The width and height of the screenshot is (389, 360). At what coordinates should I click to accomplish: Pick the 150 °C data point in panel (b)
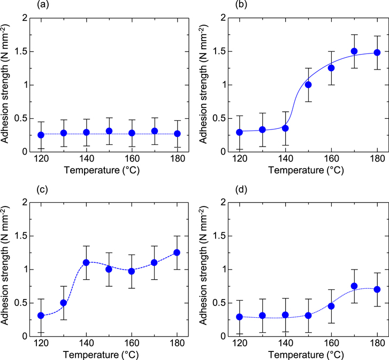[x=308, y=85]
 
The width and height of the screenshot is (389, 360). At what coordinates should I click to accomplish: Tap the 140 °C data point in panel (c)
[x=86, y=263]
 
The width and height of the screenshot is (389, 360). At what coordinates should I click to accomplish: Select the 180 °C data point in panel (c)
[x=177, y=252]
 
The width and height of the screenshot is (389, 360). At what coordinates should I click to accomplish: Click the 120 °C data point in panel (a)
[x=41, y=135]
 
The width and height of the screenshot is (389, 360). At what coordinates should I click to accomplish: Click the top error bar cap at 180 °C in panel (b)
[x=377, y=36]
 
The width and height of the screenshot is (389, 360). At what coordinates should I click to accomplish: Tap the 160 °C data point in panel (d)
[x=331, y=305]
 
